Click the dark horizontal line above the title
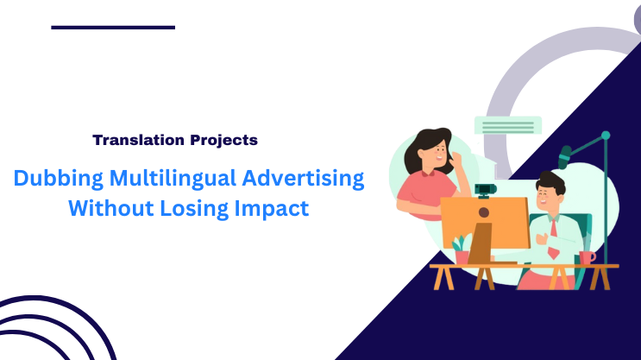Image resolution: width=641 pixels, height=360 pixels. (113, 28)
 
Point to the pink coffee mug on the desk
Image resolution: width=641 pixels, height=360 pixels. (587, 257)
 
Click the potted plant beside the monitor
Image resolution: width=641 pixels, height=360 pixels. (462, 249)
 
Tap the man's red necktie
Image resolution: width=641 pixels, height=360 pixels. (552, 237)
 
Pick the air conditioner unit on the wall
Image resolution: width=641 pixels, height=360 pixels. (508, 126)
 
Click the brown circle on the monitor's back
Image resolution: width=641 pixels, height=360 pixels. (484, 212)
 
